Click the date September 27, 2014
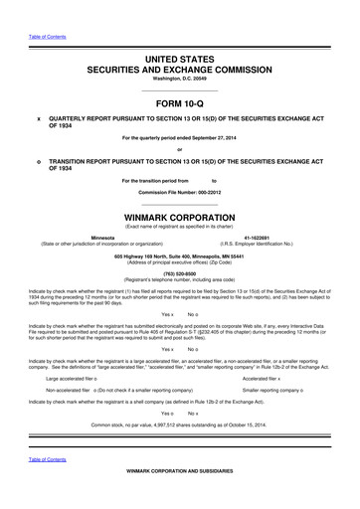click(218, 138)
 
